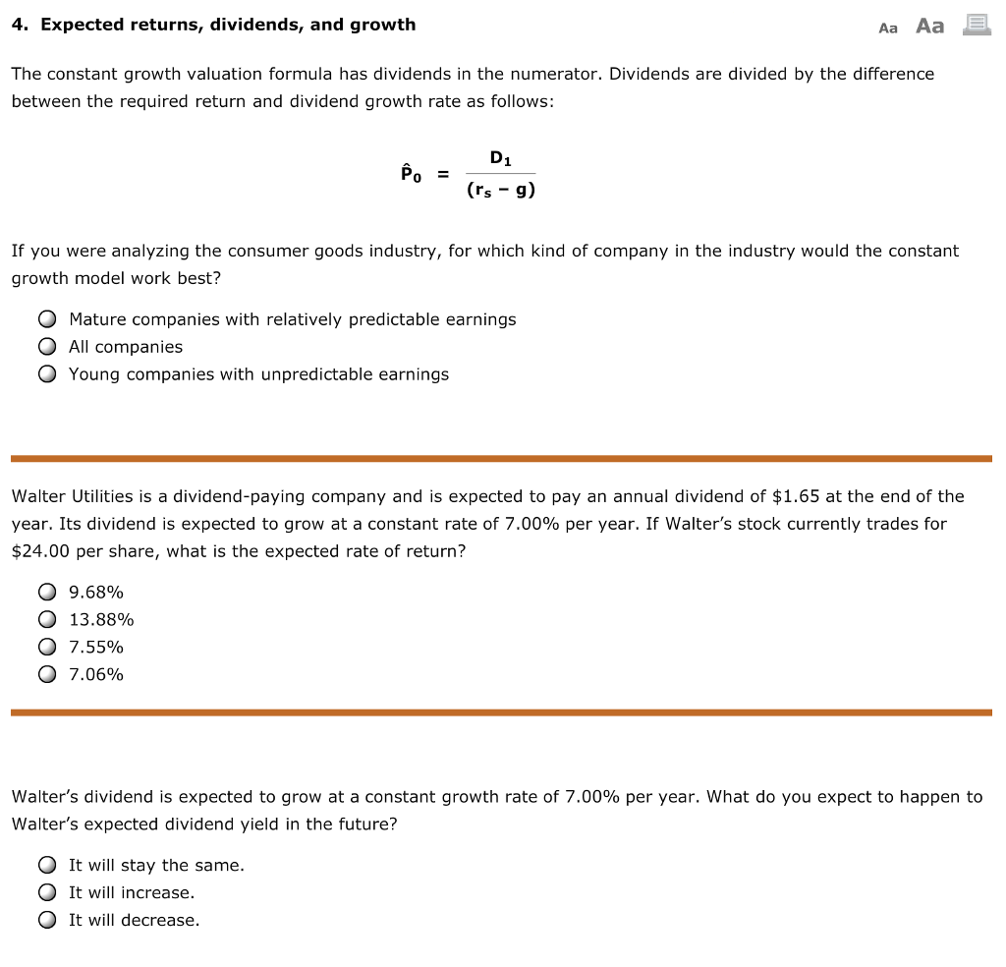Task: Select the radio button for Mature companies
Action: [x=47, y=319]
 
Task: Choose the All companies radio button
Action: [x=47, y=347]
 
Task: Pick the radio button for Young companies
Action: [x=47, y=374]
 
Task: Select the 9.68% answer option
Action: [x=47, y=593]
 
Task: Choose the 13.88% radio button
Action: [x=47, y=620]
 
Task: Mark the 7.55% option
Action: [x=47, y=648]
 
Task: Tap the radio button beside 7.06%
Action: [x=47, y=675]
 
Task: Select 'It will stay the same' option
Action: [x=47, y=866]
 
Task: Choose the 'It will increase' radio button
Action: [x=47, y=893]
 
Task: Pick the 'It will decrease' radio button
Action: [x=47, y=921]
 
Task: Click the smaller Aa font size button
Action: [x=888, y=28]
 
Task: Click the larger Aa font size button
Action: [x=929, y=27]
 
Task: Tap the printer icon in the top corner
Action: [x=976, y=26]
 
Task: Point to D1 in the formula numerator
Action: [x=500, y=157]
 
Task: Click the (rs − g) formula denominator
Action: [x=500, y=191]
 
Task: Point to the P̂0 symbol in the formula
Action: [x=411, y=174]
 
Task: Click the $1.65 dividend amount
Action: [x=797, y=496]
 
